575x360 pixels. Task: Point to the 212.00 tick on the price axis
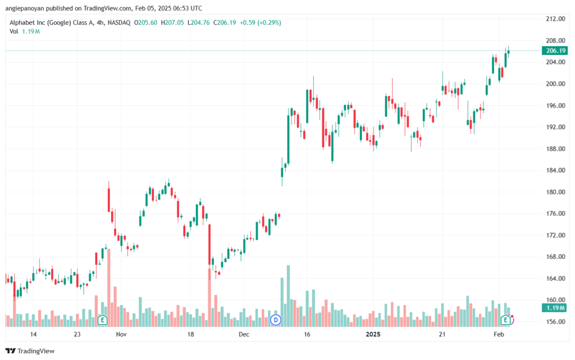pyautogui.click(x=555, y=19)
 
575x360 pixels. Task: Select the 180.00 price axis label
pyautogui.click(x=555, y=192)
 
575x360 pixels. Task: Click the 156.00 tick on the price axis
pyautogui.click(x=555, y=321)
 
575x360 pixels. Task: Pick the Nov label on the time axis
pyautogui.click(x=121, y=334)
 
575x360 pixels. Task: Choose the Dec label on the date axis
pyautogui.click(x=244, y=334)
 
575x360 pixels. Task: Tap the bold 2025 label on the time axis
pyautogui.click(x=373, y=334)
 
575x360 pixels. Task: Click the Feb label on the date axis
pyautogui.click(x=499, y=334)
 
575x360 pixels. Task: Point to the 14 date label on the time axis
pyautogui.click(x=33, y=334)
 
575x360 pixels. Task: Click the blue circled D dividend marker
pyautogui.click(x=275, y=320)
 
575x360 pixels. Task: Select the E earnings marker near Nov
pyautogui.click(x=102, y=320)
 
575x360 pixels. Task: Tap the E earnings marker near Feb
pyautogui.click(x=506, y=320)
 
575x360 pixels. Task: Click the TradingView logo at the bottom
pyautogui.click(x=30, y=351)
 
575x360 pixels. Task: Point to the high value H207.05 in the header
pyautogui.click(x=172, y=22)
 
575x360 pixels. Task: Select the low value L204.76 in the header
pyautogui.click(x=198, y=22)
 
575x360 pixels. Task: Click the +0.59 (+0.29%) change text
pyautogui.click(x=261, y=22)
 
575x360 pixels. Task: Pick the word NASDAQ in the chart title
pyautogui.click(x=119, y=22)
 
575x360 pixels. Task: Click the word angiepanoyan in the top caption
pyautogui.click(x=25, y=8)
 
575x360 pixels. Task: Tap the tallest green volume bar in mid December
pyautogui.click(x=288, y=296)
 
